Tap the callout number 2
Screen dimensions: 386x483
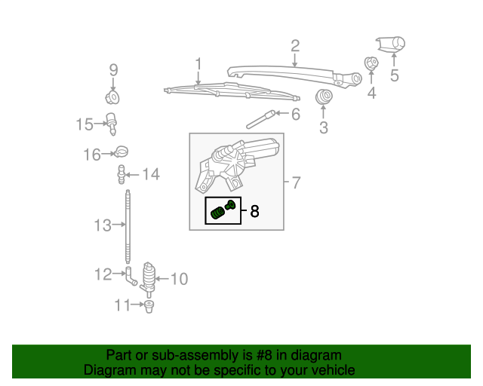coord(295,45)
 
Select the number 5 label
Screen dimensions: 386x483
coord(393,75)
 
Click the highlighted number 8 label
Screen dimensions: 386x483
coord(254,212)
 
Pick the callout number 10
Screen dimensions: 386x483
coord(178,280)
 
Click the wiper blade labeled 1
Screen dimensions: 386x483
coord(226,93)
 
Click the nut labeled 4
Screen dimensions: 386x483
coord(371,64)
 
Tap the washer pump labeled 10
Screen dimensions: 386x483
coord(149,277)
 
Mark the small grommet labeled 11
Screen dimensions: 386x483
coord(149,305)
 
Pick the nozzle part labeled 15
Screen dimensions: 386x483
coord(112,122)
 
